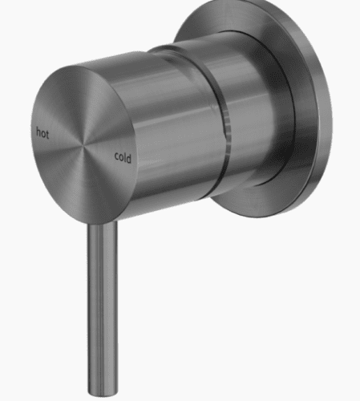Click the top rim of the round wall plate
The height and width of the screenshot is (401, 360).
[x=241, y=10]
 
